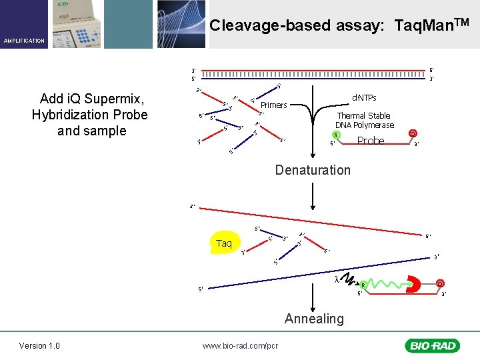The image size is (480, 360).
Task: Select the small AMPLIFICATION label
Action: (24, 41)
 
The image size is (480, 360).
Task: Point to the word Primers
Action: (274, 105)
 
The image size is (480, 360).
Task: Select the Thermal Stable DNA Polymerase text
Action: (363, 120)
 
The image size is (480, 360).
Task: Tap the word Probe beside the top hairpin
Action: (371, 141)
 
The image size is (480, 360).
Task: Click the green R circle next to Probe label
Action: (337, 135)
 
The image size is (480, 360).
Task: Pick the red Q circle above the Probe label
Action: (413, 133)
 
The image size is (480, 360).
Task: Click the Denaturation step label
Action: (313, 170)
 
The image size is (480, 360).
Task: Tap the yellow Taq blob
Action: (224, 243)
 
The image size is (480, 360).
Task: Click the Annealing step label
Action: (314, 319)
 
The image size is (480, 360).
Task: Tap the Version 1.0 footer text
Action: (39, 345)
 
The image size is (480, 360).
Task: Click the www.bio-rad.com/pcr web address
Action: (240, 345)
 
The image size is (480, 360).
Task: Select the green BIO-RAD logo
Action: (432, 345)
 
